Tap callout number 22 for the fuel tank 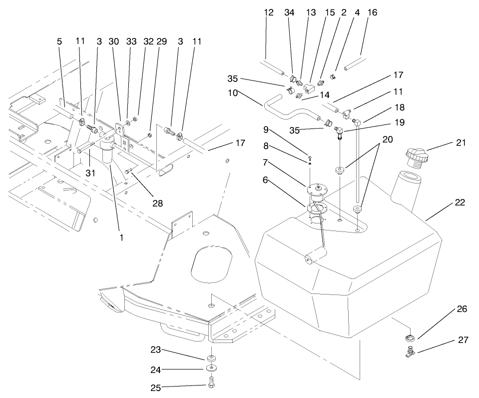click(461, 202)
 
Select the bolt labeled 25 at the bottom click(211, 386)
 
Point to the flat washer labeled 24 click(211, 369)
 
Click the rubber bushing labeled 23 click(211, 358)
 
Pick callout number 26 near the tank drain click(462, 309)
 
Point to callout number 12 click(269, 13)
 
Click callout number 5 click(59, 42)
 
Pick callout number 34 click(290, 13)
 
